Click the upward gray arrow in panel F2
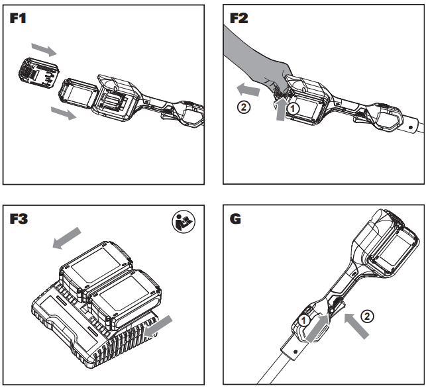pyautogui.click(x=283, y=109)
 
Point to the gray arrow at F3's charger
pyautogui.click(x=162, y=324)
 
